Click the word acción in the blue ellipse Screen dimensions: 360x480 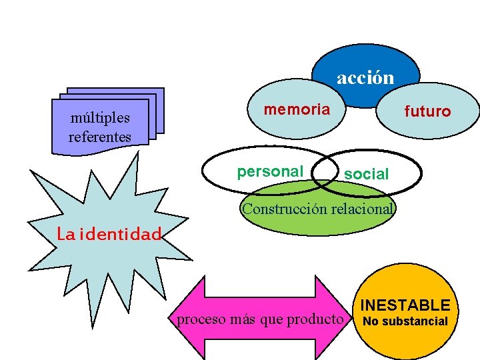(x=365, y=78)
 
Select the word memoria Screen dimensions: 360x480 (x=297, y=109)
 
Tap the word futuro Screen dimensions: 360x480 (x=427, y=111)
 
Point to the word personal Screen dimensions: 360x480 (x=269, y=171)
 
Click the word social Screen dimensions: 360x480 (x=366, y=175)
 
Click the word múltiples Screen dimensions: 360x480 (x=100, y=119)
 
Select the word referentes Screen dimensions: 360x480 (x=100, y=137)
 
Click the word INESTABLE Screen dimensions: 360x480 (x=405, y=305)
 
